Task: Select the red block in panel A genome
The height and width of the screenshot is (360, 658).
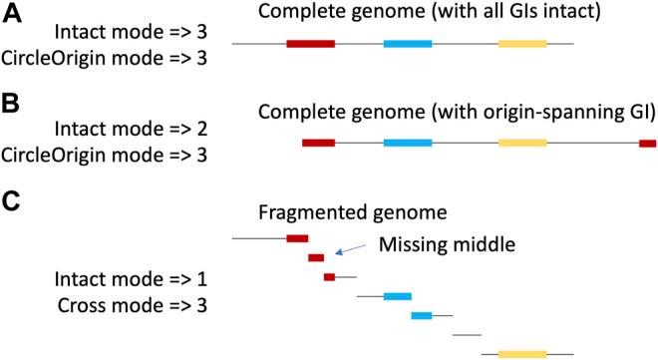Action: (x=310, y=45)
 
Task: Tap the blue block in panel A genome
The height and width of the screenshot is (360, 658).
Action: (x=407, y=45)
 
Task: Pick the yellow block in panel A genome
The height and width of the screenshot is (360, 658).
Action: (x=522, y=45)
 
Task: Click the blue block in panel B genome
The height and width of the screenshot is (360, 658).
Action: (x=407, y=144)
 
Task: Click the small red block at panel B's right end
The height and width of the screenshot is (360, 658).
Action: (x=647, y=144)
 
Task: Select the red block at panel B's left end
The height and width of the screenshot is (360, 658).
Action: (x=318, y=144)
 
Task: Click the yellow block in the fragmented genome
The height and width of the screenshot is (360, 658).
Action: (x=522, y=353)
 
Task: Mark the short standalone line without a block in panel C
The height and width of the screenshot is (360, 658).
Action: (x=467, y=335)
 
